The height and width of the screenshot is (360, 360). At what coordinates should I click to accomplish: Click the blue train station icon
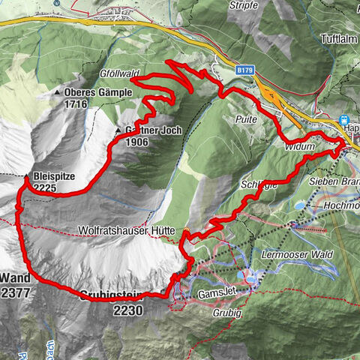click(345, 119)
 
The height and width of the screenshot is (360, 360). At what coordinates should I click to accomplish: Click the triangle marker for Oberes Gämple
click(58, 93)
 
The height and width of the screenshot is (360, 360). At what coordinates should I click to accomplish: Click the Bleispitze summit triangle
click(26, 177)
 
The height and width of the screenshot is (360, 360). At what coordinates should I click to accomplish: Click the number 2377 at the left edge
click(15, 293)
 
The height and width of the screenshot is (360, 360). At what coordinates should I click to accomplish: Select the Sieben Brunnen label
click(334, 182)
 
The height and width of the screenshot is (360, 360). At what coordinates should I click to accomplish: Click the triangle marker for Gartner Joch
click(118, 131)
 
